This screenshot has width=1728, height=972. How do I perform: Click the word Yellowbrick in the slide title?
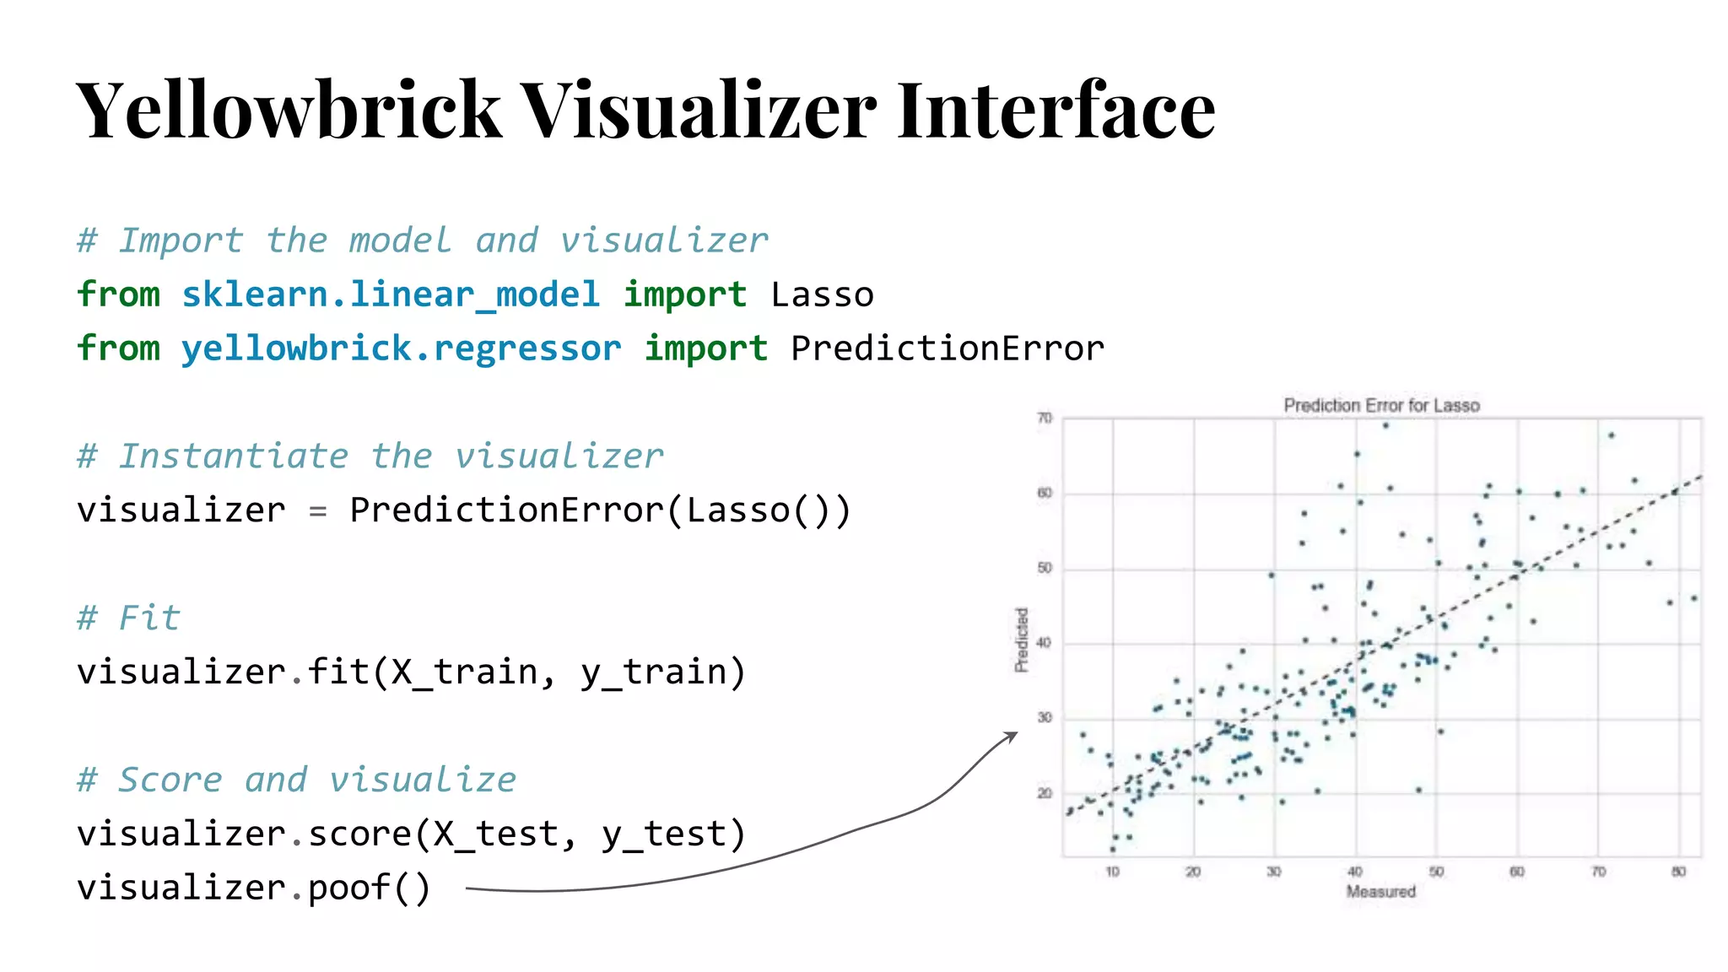click(289, 110)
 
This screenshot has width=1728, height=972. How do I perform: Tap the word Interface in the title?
click(1056, 110)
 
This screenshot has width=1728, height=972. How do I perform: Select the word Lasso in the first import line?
click(822, 294)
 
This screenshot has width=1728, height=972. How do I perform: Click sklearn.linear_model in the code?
click(391, 294)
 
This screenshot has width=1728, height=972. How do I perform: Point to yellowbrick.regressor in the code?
click(401, 348)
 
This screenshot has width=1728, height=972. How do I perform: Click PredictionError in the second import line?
click(948, 348)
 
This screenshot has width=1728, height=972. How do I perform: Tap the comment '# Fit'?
click(128, 618)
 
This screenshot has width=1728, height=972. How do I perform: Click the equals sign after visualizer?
click(317, 510)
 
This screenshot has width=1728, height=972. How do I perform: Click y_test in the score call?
click(673, 834)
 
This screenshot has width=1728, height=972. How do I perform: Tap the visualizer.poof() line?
click(253, 888)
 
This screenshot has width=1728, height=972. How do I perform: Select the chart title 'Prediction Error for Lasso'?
click(1381, 406)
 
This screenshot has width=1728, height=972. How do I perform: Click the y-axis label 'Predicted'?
click(1022, 640)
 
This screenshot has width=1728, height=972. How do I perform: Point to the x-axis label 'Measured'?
click(1380, 892)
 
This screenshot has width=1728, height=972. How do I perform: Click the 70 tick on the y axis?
click(1045, 418)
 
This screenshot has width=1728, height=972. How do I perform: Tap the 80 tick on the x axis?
click(1678, 872)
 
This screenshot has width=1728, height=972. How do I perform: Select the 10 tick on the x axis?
click(1112, 872)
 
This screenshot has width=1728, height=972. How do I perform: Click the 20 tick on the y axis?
click(1045, 793)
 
